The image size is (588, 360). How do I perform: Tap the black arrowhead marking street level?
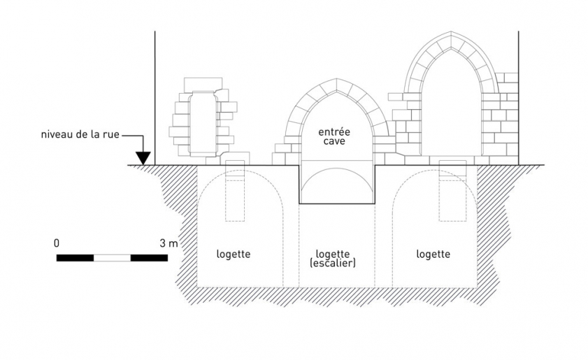coord(143,159)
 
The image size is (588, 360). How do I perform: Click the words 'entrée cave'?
coord(336,136)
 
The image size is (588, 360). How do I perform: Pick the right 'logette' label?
coord(433,254)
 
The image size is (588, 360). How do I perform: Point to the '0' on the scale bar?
coord(56,243)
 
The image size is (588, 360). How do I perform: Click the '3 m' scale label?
coord(168,243)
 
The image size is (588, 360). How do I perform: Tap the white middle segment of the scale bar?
coord(112,258)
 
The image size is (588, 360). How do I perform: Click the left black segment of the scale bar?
coord(75,258)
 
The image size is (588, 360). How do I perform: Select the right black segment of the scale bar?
coord(149,258)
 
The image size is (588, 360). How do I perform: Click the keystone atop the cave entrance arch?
coord(337,86)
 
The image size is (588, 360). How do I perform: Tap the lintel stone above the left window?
coord(203,84)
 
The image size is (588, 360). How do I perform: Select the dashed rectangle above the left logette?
coord(235,192)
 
